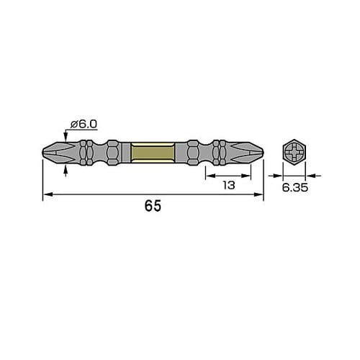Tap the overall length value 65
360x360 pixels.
[153, 206]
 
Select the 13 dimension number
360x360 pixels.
[228, 185]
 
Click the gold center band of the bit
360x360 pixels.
[153, 153]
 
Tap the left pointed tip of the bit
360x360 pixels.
[44, 153]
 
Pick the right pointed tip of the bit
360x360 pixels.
[261, 153]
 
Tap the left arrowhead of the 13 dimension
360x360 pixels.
[209, 174]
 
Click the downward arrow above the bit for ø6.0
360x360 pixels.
[67, 139]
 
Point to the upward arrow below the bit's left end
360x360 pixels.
[67, 168]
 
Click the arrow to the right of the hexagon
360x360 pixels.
[310, 174]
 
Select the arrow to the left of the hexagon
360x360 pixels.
[277, 174]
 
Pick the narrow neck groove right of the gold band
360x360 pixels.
[203, 153]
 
